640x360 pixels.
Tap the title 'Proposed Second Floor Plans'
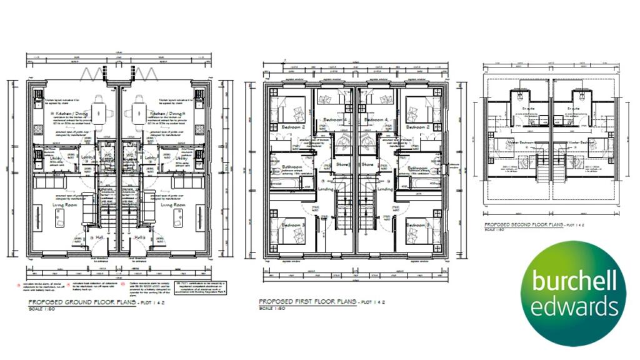coord(524,224)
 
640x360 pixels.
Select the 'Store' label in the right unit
coord(367,165)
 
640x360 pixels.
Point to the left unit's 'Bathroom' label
coord(291,168)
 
